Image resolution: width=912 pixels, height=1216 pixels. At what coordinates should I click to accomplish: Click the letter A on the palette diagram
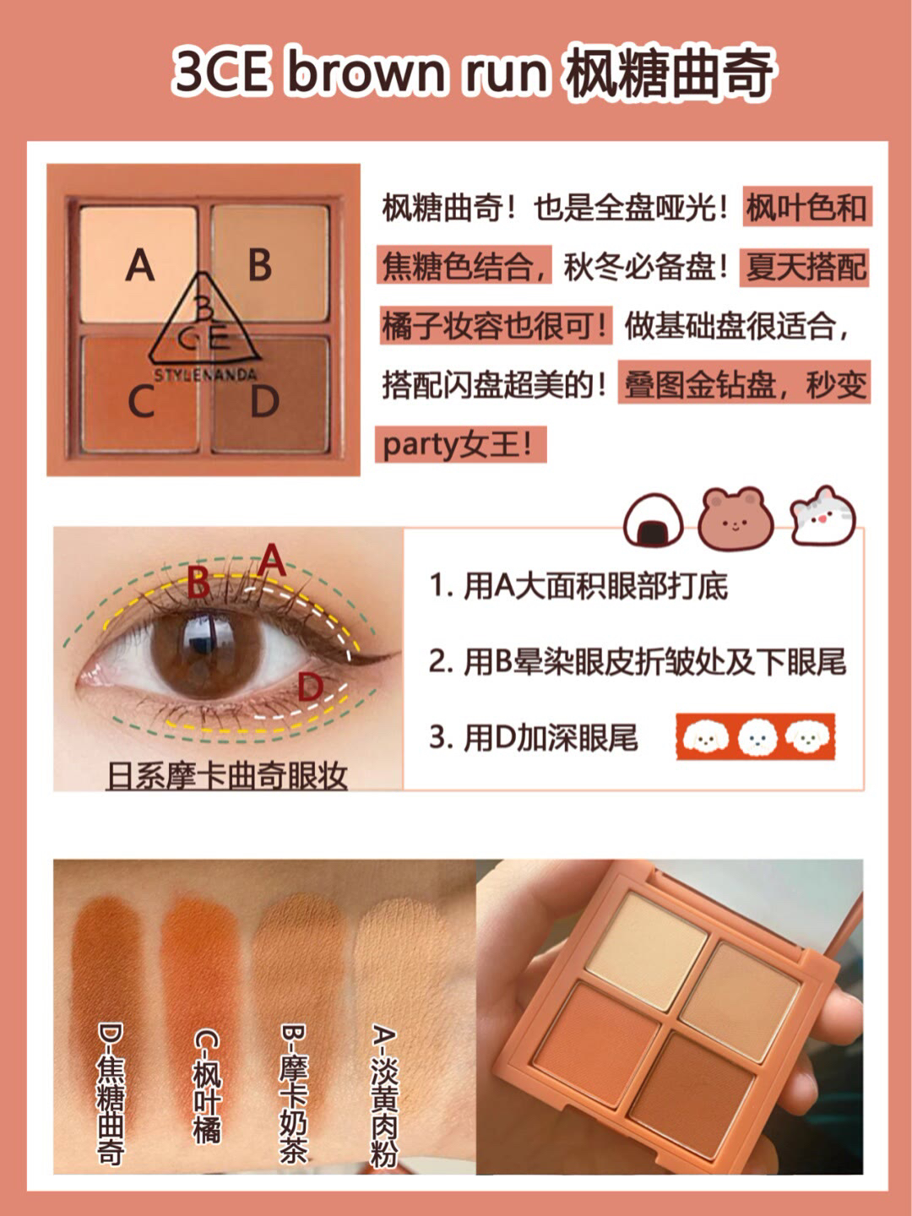point(140,265)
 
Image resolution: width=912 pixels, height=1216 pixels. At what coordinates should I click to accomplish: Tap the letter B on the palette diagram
point(259,264)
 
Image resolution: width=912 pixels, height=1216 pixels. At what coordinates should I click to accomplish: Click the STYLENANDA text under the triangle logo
point(205,375)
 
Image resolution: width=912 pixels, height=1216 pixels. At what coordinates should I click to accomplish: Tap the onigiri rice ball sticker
point(654,520)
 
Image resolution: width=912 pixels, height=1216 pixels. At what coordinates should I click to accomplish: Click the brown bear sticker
point(735,518)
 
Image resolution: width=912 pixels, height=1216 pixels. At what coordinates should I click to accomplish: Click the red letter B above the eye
point(198,583)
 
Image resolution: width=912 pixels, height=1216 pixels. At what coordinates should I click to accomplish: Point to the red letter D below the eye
point(310,687)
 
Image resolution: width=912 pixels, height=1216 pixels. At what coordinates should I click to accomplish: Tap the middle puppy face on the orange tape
point(757,737)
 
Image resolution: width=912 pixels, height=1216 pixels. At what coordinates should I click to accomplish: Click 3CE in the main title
point(220,72)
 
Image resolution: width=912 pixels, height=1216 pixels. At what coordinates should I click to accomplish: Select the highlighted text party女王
point(459,445)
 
